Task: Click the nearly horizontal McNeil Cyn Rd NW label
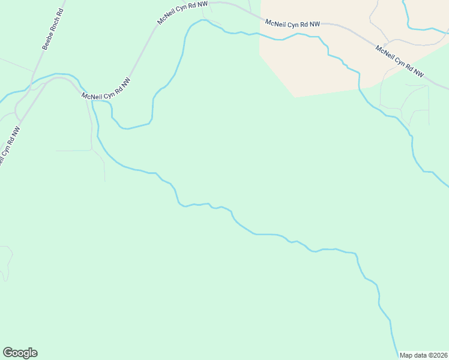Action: tap(293, 25)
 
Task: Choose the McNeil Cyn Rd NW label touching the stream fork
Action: tap(106, 88)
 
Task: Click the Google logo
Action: tap(20, 353)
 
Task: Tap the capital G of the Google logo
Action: tap(8, 353)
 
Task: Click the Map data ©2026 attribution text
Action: tap(424, 355)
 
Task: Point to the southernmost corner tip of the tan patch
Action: tap(295, 97)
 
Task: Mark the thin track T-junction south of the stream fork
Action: tap(91, 149)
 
